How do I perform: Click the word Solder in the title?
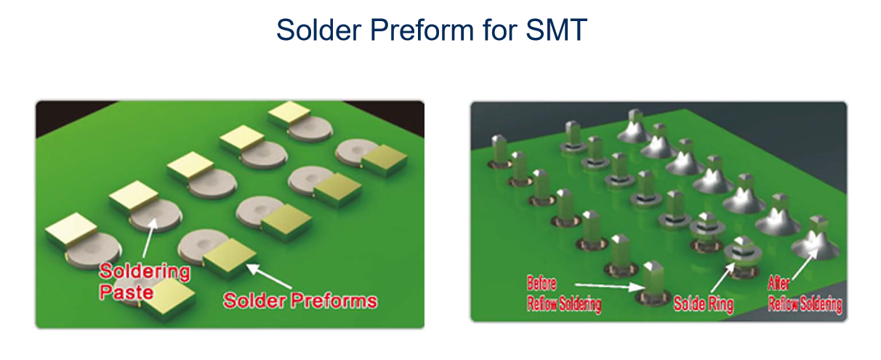tap(318, 30)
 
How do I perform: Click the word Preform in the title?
tap(422, 30)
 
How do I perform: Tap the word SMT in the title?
tap(556, 30)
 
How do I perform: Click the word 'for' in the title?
tap(499, 30)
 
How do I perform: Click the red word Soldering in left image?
tap(145, 271)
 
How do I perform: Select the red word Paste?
tap(126, 292)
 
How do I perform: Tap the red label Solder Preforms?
tap(300, 301)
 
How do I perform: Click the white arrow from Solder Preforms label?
tap(269, 276)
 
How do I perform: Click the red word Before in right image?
tap(542, 284)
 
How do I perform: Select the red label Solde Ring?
tap(704, 305)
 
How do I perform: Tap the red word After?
tap(779, 284)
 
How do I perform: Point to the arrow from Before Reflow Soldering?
tap(610, 286)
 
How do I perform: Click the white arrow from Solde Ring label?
tap(723, 277)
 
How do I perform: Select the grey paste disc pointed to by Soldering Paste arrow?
tap(156, 215)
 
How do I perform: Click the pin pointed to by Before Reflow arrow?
tap(653, 284)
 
